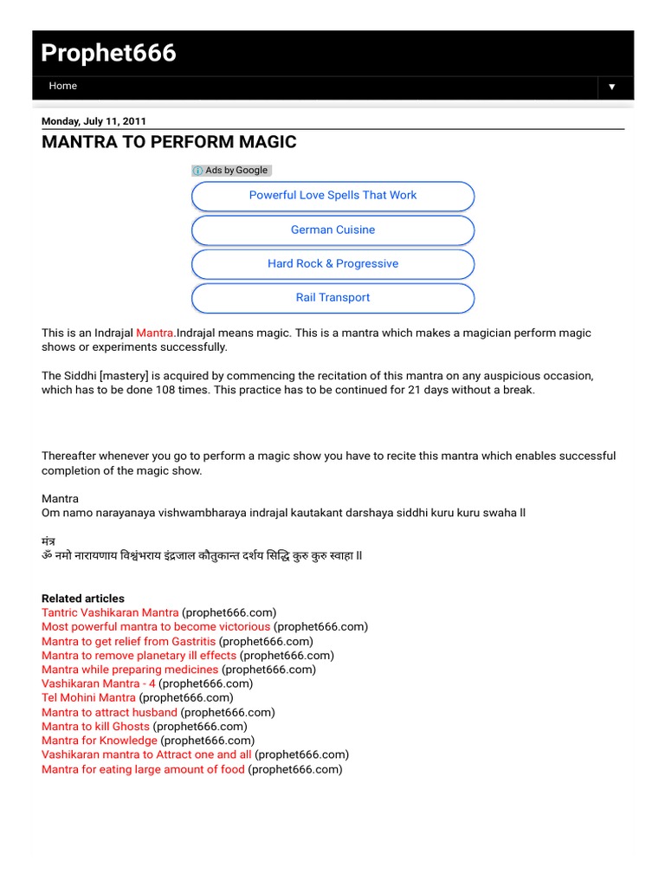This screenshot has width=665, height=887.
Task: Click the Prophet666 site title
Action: tap(109, 54)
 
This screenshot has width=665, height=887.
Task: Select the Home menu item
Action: tap(63, 87)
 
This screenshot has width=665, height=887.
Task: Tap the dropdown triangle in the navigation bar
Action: tap(611, 87)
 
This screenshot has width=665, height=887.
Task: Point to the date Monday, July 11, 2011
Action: tap(94, 121)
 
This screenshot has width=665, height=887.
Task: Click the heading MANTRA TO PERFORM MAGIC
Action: tap(169, 142)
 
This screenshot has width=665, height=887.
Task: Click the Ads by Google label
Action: tap(231, 171)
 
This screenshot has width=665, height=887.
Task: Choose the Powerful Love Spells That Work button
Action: tap(332, 196)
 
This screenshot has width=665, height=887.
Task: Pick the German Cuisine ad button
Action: tap(332, 230)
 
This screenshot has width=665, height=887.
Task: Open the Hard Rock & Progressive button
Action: tap(332, 264)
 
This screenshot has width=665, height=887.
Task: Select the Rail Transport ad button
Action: tap(332, 298)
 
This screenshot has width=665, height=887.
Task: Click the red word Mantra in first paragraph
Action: tap(155, 333)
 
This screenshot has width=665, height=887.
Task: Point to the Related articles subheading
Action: tap(83, 599)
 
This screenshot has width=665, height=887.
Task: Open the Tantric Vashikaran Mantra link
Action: tap(110, 612)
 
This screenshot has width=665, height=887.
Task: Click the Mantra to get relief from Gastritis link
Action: tap(128, 642)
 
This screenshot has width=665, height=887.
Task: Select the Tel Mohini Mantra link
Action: tap(88, 698)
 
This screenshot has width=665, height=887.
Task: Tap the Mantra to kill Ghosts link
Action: tap(95, 727)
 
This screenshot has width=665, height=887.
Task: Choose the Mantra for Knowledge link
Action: tap(100, 741)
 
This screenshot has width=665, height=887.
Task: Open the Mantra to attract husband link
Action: tap(109, 712)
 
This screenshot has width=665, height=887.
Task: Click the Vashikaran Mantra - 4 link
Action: tap(99, 683)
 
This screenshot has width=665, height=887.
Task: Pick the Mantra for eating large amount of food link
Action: tap(143, 769)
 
